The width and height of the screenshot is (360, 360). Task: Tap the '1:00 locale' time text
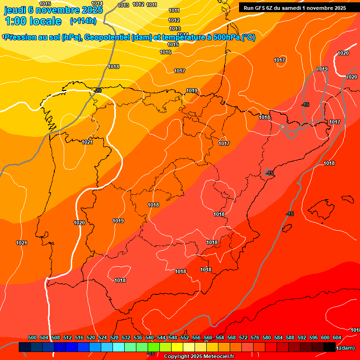(33, 21)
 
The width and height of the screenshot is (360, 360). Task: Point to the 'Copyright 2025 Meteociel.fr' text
(199, 357)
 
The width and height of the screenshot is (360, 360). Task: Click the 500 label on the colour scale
(32, 337)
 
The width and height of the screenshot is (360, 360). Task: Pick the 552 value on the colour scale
(185, 337)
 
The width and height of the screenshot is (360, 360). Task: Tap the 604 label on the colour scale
(337, 337)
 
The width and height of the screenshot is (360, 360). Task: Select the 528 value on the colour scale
(114, 337)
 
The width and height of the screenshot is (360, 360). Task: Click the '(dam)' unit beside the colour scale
(347, 348)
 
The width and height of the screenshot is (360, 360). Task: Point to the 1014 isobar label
(97, 3)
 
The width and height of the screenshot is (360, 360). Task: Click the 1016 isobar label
(165, 52)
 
